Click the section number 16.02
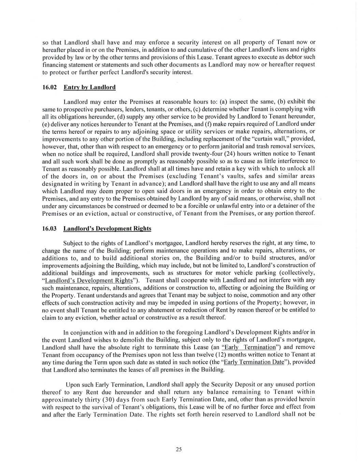click(49, 87)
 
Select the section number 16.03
click(49, 228)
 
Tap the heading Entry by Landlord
click(89, 87)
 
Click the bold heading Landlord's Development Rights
click(107, 228)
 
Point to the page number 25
click(178, 449)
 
